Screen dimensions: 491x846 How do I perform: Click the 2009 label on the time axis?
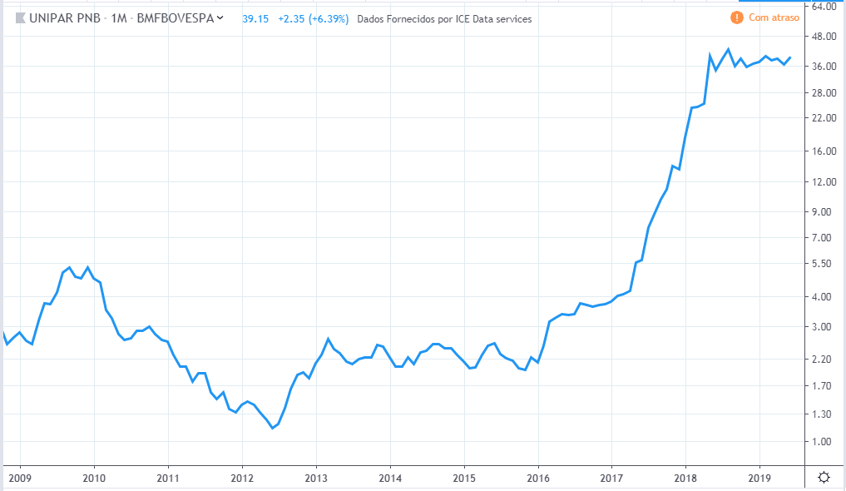click(x=19, y=478)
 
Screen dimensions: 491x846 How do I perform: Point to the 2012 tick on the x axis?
click(x=242, y=478)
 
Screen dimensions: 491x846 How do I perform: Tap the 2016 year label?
click(x=538, y=478)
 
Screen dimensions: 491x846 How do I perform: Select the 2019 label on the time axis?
click(x=759, y=478)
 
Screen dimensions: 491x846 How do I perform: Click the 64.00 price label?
click(x=823, y=7)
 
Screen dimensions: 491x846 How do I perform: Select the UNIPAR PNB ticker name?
click(x=66, y=18)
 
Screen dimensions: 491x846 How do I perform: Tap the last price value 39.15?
click(x=255, y=18)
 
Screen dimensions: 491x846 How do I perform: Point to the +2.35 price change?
click(x=292, y=18)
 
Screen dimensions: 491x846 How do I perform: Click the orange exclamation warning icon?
click(x=736, y=17)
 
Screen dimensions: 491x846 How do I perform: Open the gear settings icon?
click(x=823, y=477)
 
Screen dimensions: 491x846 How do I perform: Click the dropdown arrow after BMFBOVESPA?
click(x=220, y=17)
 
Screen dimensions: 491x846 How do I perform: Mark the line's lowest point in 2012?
click(x=272, y=428)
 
